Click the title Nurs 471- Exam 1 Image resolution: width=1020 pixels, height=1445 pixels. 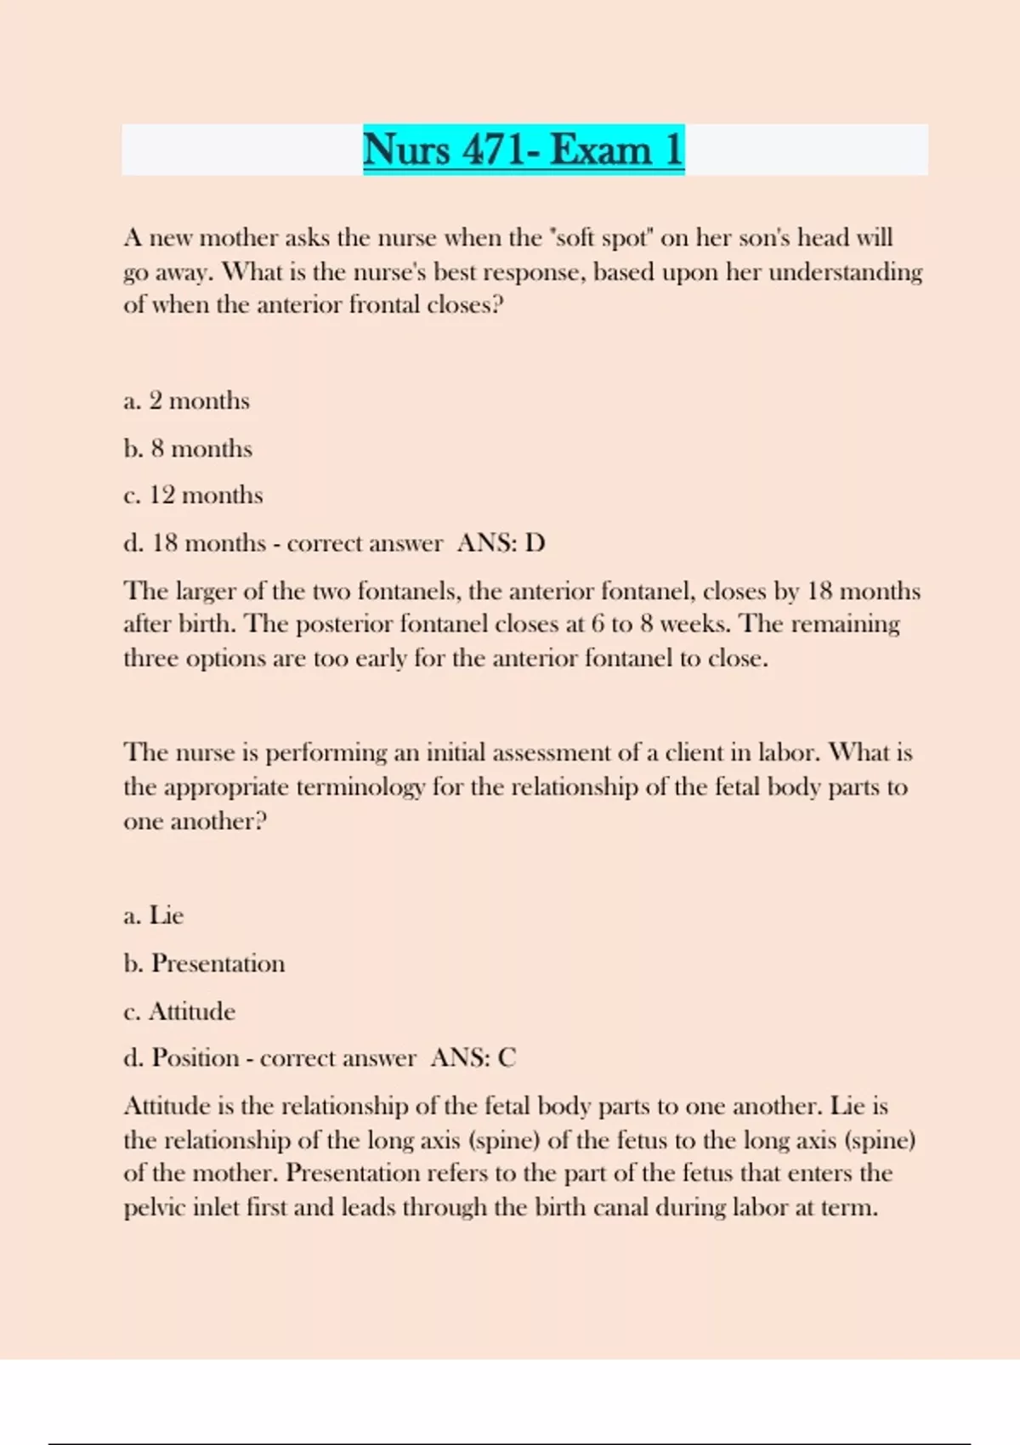(x=523, y=150)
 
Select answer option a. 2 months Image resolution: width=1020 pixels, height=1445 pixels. (x=186, y=400)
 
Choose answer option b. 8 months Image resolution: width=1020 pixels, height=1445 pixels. (x=188, y=449)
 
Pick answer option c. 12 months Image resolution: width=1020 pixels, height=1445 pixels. (x=193, y=495)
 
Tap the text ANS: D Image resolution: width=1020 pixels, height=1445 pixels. (x=501, y=543)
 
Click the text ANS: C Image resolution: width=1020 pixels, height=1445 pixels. (x=473, y=1058)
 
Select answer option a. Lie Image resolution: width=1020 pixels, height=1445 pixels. (x=154, y=915)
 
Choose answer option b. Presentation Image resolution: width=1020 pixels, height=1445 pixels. (x=204, y=964)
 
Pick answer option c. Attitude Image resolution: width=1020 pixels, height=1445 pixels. (x=179, y=1011)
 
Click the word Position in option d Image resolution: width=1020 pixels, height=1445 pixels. (x=195, y=1058)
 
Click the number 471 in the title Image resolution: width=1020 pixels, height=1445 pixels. (x=494, y=150)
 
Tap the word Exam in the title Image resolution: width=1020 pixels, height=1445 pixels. (x=600, y=150)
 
